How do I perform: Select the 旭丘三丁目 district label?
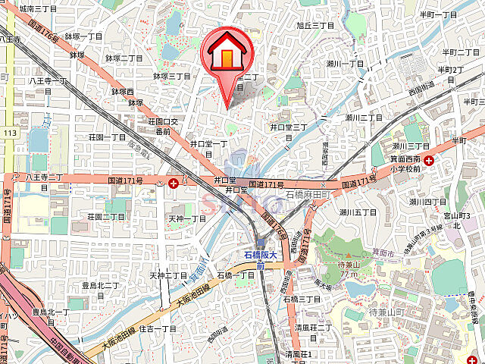[315, 26]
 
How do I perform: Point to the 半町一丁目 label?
[439, 14]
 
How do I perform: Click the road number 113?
[9, 133]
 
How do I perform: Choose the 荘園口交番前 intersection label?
[163, 126]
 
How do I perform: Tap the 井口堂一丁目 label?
[208, 148]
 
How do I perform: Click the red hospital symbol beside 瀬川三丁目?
[430, 160]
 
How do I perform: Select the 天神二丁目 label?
[167, 275]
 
